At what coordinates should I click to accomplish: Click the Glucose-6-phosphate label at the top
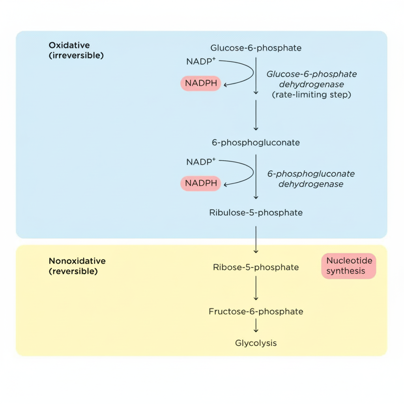click(x=256, y=48)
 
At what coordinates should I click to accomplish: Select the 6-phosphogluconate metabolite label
click(x=256, y=142)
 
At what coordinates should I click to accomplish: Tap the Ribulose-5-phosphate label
click(x=256, y=213)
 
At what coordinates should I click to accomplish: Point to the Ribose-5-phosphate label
click(x=256, y=267)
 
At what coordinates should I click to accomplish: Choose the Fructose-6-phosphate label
click(x=256, y=311)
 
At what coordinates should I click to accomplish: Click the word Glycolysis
click(x=256, y=343)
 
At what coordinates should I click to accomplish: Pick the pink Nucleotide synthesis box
click(x=348, y=266)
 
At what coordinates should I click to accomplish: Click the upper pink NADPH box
click(x=201, y=83)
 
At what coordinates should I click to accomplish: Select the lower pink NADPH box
click(x=201, y=183)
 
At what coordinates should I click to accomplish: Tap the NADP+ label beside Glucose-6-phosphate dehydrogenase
click(x=201, y=62)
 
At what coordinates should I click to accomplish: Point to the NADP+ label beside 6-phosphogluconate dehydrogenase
click(x=201, y=162)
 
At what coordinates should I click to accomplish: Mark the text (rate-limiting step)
click(x=311, y=95)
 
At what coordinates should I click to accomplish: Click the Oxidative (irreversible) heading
click(x=76, y=50)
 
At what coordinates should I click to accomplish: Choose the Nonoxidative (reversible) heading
click(x=77, y=266)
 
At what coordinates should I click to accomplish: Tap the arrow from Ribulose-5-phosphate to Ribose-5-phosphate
click(x=256, y=239)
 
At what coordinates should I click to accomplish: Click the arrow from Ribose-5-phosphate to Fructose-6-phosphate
click(x=256, y=288)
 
